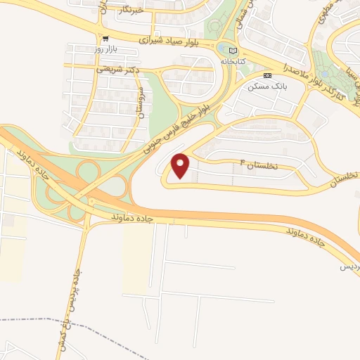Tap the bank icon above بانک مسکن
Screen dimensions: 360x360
(266, 75)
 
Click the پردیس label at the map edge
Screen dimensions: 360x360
(349, 266)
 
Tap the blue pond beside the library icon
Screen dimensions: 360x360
(224, 49)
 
